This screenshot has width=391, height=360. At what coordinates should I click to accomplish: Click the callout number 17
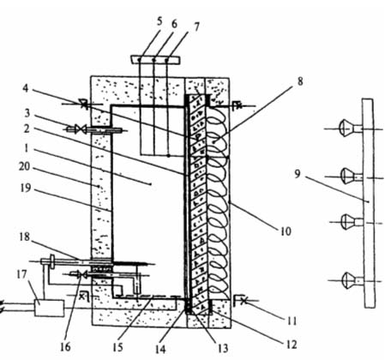[21, 275]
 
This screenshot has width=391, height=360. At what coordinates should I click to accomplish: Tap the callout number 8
[299, 81]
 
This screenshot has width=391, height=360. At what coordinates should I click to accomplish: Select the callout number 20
[24, 166]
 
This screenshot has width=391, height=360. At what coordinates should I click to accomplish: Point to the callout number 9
[298, 174]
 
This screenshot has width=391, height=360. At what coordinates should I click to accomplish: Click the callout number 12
[292, 345]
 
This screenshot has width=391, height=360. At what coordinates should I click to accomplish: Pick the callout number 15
[117, 346]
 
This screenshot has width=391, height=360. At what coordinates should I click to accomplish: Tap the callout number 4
[26, 88]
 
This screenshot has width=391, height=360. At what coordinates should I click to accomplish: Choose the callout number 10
[286, 231]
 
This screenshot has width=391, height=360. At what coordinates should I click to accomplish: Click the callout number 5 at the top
[159, 22]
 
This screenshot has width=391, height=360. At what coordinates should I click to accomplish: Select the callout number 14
[160, 349]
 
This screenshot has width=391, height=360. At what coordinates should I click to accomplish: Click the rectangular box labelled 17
[49, 308]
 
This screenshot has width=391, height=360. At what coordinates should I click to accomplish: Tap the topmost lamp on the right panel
[346, 128]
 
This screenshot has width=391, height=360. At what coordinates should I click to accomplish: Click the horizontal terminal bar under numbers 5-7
[155, 59]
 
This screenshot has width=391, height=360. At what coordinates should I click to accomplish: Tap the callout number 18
[25, 237]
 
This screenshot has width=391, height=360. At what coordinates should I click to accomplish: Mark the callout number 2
[27, 129]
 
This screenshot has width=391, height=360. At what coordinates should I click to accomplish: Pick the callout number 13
[223, 348]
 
